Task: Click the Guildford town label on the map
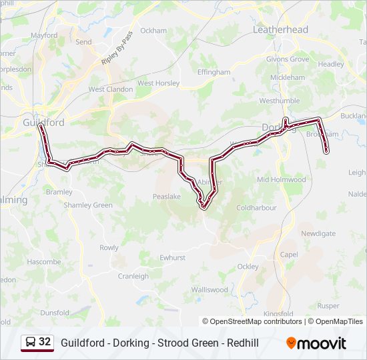(x=43, y=123)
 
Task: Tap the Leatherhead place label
(x=280, y=30)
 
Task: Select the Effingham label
(x=214, y=72)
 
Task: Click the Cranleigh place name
(x=133, y=276)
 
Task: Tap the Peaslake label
(x=167, y=197)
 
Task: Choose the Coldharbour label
(x=256, y=208)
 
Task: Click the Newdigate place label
(x=318, y=234)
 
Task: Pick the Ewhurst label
(x=172, y=257)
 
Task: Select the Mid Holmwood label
(x=281, y=180)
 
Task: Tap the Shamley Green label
(x=88, y=205)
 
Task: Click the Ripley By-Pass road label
(x=117, y=48)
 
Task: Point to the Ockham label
(x=153, y=31)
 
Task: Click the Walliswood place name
(x=210, y=290)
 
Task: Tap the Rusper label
(x=328, y=306)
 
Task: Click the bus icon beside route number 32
(x=30, y=343)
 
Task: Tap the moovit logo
(x=316, y=343)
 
